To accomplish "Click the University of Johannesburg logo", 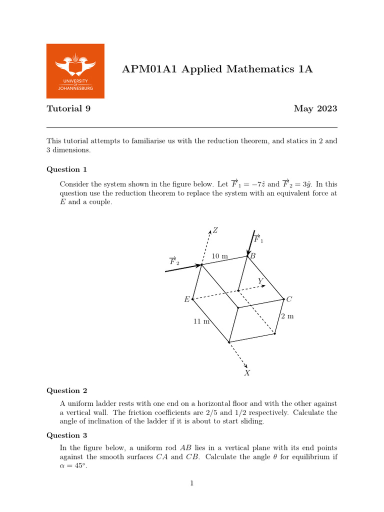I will (75, 70).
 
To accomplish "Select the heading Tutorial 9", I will (68, 108).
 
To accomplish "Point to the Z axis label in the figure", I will (215, 230).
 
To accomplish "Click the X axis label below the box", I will (246, 373).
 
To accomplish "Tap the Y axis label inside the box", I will (260, 281).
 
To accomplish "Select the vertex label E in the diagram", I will (187, 299).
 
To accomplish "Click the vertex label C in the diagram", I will (288, 299).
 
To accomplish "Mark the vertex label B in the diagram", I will (252, 256).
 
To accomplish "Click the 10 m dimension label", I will (219, 256).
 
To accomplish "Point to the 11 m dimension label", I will (201, 321).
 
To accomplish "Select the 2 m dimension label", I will (287, 316).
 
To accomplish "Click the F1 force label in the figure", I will (258, 239).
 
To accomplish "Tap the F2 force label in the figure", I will (173, 261).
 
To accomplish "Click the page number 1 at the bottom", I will (191, 483).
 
